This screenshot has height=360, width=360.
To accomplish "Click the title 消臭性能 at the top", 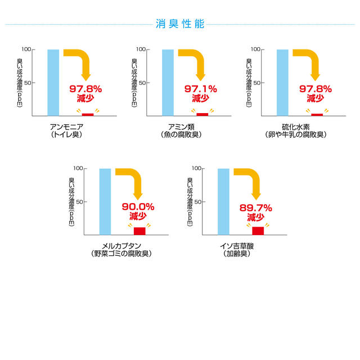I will [180, 24].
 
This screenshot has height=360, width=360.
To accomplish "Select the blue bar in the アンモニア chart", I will [53, 82].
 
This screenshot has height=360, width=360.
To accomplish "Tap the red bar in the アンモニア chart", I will [88, 114].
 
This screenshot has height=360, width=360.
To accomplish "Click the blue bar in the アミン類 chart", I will [168, 82].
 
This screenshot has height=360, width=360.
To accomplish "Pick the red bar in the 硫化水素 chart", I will [317, 114].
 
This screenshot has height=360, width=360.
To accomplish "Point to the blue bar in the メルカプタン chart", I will [105, 201].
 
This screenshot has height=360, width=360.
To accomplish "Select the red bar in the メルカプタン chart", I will [139, 230].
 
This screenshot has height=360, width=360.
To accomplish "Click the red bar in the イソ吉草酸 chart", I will [258, 230].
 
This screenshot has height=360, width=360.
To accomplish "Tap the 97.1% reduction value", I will [200, 89].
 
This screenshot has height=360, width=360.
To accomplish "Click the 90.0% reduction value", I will [138, 207].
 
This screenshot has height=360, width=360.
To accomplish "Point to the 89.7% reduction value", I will [256, 207].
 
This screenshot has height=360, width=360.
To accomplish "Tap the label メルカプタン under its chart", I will [120, 245].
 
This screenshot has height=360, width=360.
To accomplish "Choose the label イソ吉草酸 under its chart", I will [236, 245].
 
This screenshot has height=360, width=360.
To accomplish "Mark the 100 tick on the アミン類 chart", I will [141, 49].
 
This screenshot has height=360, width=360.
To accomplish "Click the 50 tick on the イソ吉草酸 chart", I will [197, 201].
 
